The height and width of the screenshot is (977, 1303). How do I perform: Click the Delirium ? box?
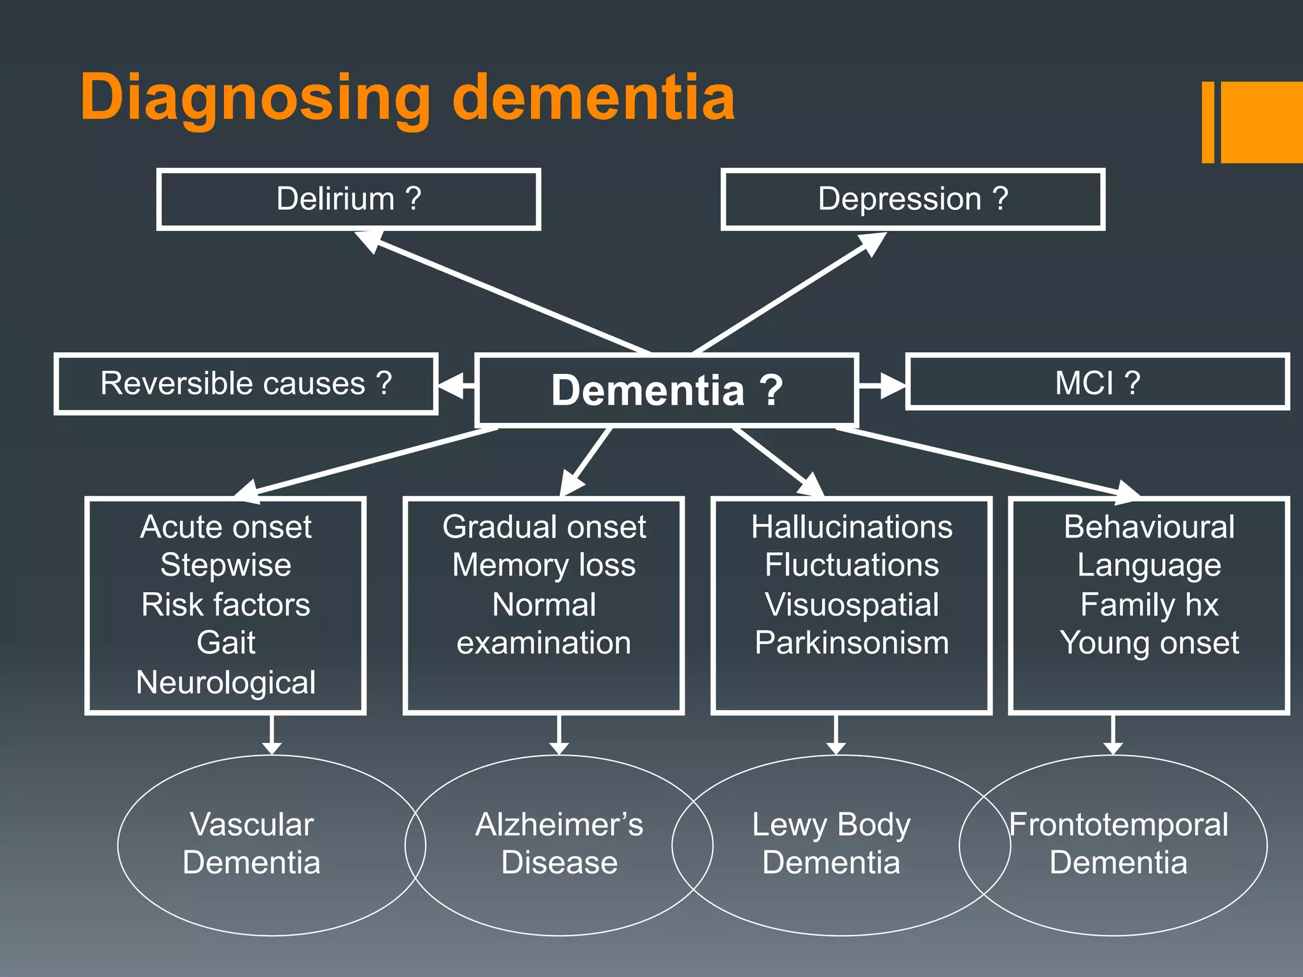pyautogui.click(x=349, y=199)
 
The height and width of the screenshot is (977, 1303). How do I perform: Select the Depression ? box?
pyautogui.click(x=912, y=199)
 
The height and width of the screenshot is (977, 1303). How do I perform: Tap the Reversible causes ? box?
pyautogui.click(x=246, y=384)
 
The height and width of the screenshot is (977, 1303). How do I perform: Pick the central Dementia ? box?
pyautogui.click(x=666, y=390)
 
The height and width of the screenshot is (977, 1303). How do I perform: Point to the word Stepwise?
pyautogui.click(x=226, y=565)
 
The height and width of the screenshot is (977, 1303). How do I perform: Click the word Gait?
pyautogui.click(x=226, y=642)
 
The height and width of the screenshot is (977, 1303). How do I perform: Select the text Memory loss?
pyautogui.click(x=544, y=565)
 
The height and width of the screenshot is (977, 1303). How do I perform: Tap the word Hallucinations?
pyautogui.click(x=851, y=527)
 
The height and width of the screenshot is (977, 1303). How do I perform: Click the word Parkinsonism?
pyautogui.click(x=851, y=642)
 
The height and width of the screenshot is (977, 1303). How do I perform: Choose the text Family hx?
pyautogui.click(x=1149, y=604)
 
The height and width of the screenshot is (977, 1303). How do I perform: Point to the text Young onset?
pyautogui.click(x=1149, y=642)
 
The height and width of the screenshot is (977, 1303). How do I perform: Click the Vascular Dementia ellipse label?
pyautogui.click(x=252, y=843)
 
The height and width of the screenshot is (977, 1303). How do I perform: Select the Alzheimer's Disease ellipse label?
pyautogui.click(x=559, y=843)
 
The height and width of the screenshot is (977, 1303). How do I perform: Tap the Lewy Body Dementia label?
pyautogui.click(x=831, y=843)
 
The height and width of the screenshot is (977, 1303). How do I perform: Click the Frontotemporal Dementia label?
pyautogui.click(x=1118, y=843)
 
